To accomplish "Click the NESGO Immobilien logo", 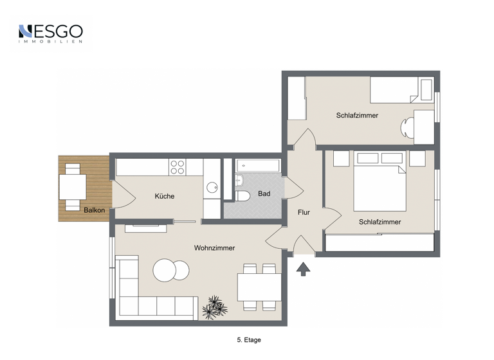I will [x=50, y=33].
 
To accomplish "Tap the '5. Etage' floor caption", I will [x=249, y=339].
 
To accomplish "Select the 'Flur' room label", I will [x=304, y=212].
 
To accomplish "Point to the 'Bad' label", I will [x=264, y=194].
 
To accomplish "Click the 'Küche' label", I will [x=165, y=196].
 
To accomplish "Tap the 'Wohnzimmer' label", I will [x=214, y=248].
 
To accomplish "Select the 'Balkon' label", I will [x=94, y=210].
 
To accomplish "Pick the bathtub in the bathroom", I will [x=258, y=166].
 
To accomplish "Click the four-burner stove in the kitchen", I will [x=177, y=167].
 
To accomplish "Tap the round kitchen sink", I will [x=212, y=188].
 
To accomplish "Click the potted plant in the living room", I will [x=214, y=308].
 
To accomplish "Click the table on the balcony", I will [x=72, y=186].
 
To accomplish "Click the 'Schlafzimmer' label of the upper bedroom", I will [x=357, y=116].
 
